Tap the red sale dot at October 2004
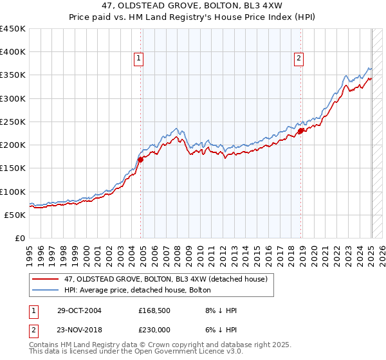140,159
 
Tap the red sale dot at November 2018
300,131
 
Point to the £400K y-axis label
13,52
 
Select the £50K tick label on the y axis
15,215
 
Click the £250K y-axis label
13,122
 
